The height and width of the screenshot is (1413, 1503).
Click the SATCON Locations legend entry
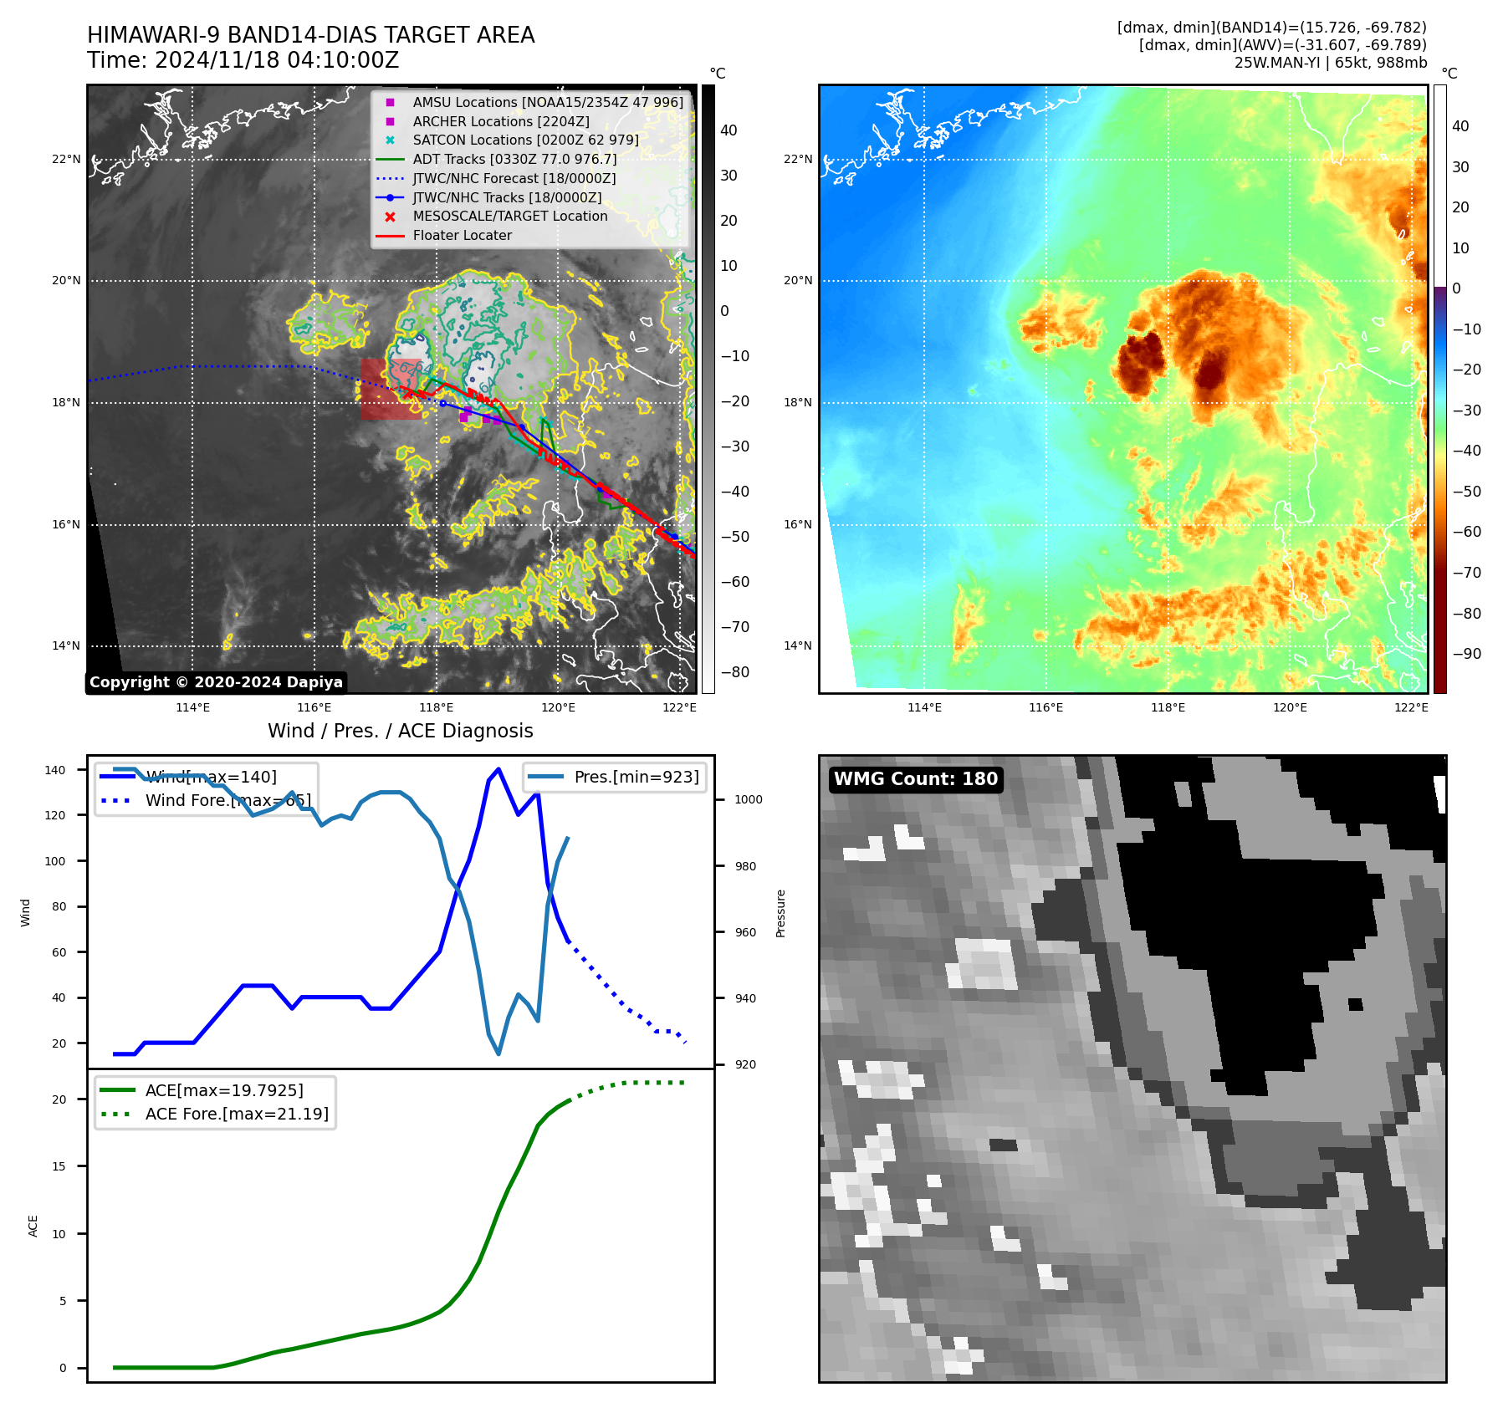coord(525,140)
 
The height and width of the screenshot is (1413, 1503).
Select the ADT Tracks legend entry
coord(514,159)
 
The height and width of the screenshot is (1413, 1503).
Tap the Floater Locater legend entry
coord(462,236)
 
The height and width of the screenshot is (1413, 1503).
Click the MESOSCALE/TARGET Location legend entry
coord(509,217)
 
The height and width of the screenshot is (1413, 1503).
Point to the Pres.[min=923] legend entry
coord(636,777)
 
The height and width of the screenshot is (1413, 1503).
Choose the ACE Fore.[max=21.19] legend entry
coord(237,1114)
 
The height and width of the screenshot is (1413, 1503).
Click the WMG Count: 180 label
coord(915,779)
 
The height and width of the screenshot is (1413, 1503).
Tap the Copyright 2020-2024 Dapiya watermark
coord(216,682)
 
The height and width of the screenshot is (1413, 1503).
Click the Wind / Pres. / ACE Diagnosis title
coord(400,731)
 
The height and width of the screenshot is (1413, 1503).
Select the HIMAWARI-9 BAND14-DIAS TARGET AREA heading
coord(310,35)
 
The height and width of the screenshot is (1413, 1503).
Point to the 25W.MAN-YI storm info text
coord(1330,63)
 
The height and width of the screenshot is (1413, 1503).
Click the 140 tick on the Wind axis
coord(55,770)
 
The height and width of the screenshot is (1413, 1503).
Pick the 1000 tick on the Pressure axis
coord(748,799)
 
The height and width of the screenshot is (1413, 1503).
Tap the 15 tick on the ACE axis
coord(59,1166)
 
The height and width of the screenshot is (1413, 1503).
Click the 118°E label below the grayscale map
coord(437,708)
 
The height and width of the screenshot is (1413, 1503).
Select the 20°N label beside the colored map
coord(798,281)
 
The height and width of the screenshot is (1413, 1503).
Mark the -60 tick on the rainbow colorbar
coord(1466,532)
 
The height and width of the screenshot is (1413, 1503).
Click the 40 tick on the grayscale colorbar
coord(728,130)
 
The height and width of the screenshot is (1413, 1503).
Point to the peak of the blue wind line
coord(498,768)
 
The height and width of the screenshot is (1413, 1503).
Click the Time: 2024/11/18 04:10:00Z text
coord(243,61)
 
